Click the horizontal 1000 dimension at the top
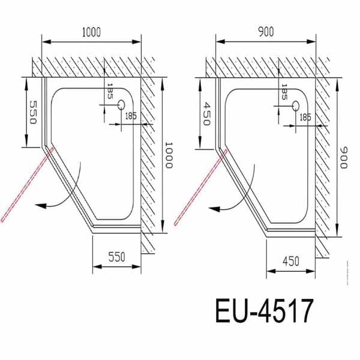coord(92,32)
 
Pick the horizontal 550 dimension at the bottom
coord(117,257)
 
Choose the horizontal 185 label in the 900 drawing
coord(305,117)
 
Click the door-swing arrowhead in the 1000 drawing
coord(40,205)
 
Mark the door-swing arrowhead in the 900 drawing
coord(214,208)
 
